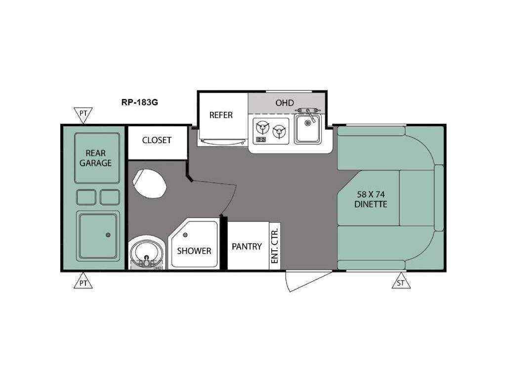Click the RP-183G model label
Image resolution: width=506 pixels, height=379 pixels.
click(x=139, y=103)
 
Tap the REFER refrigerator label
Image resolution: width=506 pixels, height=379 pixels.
click(x=221, y=115)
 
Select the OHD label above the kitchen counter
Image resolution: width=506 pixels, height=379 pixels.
click(x=285, y=103)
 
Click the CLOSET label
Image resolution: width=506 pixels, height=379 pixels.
click(x=157, y=140)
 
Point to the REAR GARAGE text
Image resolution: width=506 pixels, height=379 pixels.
click(x=96, y=158)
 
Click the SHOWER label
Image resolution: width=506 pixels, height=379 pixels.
click(x=194, y=251)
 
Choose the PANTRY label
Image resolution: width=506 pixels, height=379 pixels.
click(x=247, y=247)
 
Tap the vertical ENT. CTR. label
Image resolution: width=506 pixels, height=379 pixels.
click(x=275, y=246)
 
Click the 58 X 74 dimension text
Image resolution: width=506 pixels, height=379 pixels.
click(x=371, y=194)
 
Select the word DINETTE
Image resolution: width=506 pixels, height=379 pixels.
click(x=371, y=204)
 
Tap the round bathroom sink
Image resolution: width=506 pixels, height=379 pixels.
click(x=146, y=252)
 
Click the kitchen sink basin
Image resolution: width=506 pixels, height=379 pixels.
click(x=307, y=129)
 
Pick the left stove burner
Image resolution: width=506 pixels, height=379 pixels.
click(x=262, y=128)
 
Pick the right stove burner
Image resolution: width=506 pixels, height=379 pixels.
click(x=279, y=131)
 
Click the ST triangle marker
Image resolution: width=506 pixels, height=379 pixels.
click(x=401, y=281)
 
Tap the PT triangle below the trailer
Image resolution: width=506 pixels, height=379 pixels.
click(x=83, y=281)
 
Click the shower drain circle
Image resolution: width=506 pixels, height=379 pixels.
click(x=185, y=235)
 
